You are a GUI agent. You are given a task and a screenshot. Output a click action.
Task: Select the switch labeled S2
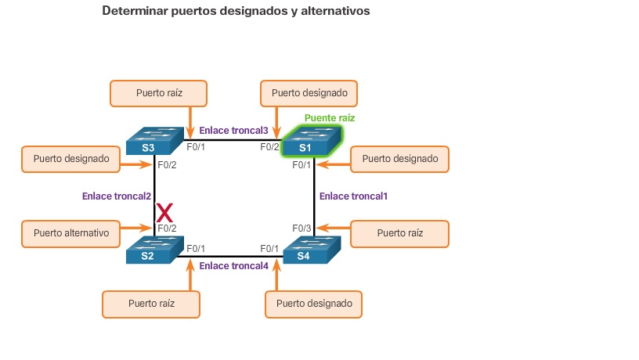(153, 250)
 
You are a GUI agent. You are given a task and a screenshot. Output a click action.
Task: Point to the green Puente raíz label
(330, 118)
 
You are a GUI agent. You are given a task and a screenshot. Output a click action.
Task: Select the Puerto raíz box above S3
(159, 92)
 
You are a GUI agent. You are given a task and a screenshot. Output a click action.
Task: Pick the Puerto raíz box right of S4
(399, 233)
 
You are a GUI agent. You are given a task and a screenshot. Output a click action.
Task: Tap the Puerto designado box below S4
(314, 304)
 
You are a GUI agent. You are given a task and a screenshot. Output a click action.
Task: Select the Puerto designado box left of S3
(71, 159)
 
